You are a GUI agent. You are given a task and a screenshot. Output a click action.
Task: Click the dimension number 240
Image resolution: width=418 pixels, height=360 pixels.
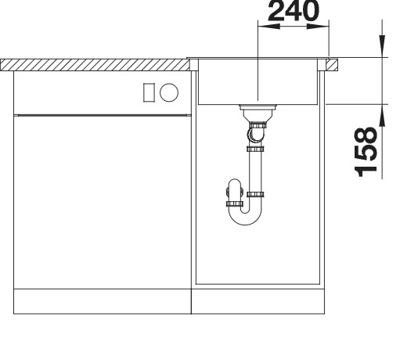pos(293,10)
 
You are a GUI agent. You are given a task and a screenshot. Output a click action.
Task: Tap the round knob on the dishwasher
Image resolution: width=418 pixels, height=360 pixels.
pos(169,92)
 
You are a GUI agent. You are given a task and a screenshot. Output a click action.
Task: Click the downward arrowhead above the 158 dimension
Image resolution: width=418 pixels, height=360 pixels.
pos(382,49)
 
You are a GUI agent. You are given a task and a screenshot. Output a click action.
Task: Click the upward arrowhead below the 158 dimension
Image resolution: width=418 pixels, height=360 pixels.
pos(382,113)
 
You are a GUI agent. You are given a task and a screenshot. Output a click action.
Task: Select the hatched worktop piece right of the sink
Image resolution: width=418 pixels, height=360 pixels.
pos(332,62)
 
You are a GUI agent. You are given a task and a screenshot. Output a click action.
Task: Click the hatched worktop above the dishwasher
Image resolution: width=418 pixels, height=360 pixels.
pos(94,62)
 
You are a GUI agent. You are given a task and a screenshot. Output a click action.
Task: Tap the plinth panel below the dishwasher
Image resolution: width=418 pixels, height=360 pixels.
pos(103,302)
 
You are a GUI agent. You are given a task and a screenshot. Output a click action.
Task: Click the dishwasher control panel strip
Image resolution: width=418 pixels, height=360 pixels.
pos(103,92)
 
